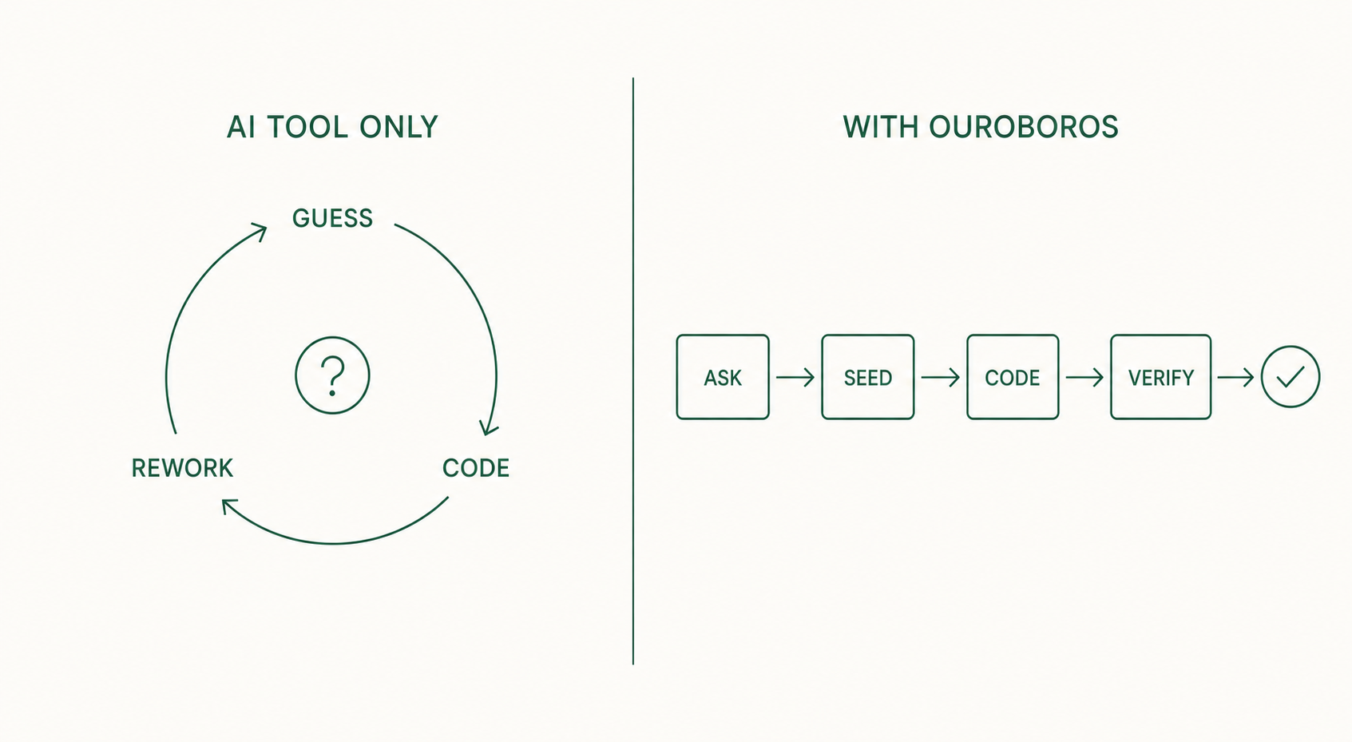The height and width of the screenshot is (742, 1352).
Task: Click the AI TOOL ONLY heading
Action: (x=332, y=127)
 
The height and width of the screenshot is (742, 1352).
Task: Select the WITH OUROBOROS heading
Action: (x=981, y=127)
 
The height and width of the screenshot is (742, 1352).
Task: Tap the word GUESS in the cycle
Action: (x=332, y=218)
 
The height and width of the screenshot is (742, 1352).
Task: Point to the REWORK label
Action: (x=182, y=469)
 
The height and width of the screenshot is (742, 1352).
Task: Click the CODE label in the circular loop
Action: (x=476, y=469)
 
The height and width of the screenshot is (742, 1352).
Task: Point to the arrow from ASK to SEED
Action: (x=795, y=378)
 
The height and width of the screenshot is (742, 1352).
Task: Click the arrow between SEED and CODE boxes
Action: (x=941, y=378)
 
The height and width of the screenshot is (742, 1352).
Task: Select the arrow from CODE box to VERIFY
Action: (x=1084, y=378)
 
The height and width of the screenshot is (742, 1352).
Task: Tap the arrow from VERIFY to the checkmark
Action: (x=1235, y=378)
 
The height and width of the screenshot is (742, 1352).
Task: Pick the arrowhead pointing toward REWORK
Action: (x=228, y=506)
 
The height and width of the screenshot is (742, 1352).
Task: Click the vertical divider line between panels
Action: (x=633, y=371)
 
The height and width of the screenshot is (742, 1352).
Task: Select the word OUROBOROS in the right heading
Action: (x=1024, y=127)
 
